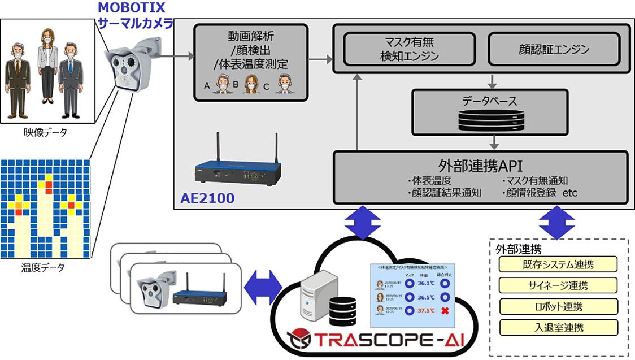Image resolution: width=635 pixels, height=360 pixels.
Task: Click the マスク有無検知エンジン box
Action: point(410,49)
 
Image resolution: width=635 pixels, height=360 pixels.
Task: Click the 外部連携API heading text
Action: point(480,166)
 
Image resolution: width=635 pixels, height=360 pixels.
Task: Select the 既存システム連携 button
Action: point(558,264)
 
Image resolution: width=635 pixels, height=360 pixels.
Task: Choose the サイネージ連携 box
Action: point(558,285)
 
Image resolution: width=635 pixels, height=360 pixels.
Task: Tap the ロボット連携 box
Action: point(558,307)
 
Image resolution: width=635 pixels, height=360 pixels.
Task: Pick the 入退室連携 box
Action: point(558,328)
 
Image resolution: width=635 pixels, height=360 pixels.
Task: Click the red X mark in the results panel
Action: point(446,311)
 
